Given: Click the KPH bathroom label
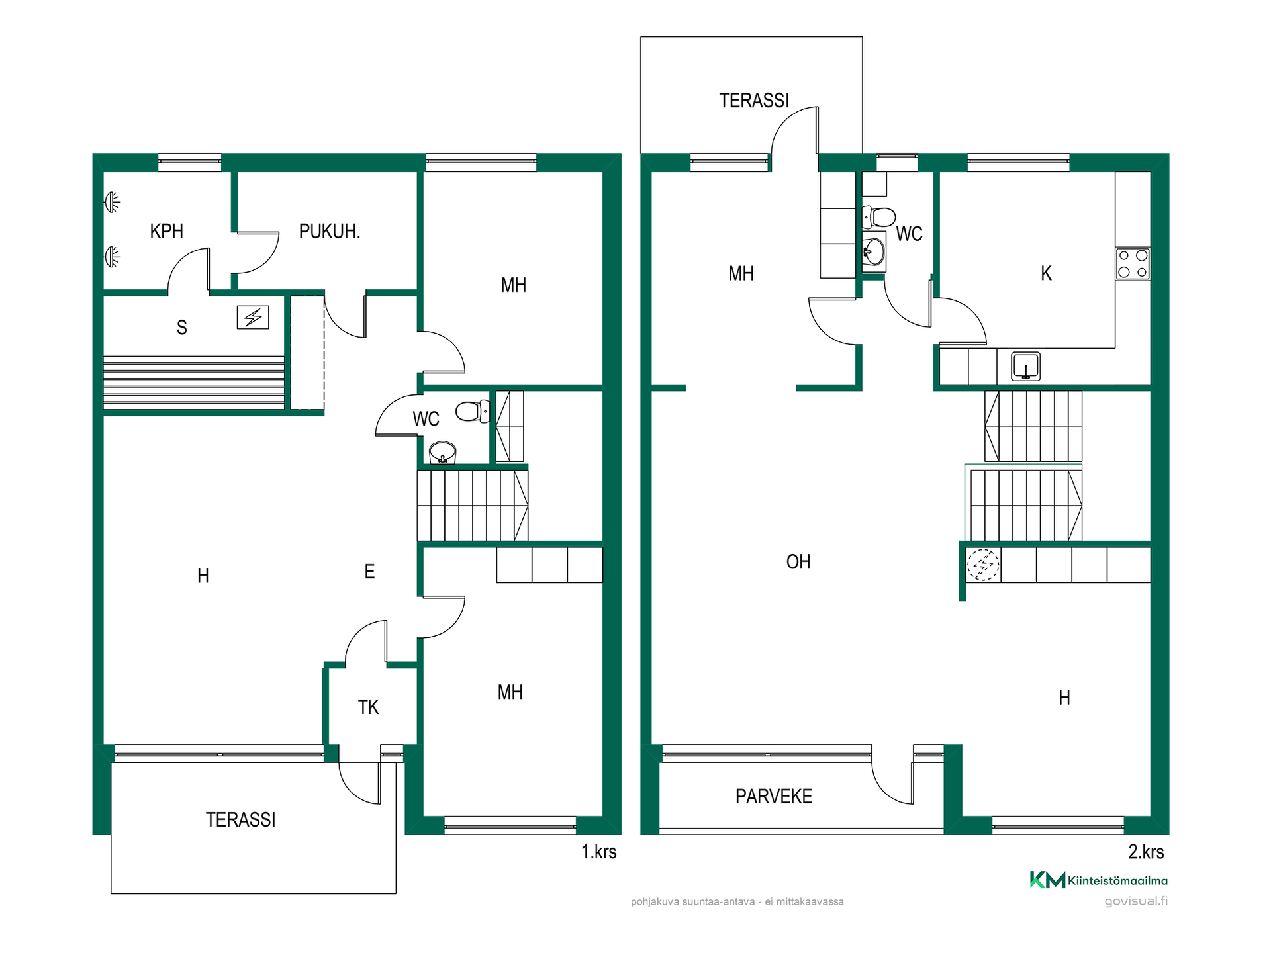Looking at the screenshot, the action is (x=166, y=231).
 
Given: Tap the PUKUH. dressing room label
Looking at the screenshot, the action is (x=329, y=231).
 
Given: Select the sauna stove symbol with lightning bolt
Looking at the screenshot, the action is (x=253, y=318).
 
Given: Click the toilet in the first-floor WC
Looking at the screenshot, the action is (x=473, y=411).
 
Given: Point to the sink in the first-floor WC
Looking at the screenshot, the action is (x=442, y=453).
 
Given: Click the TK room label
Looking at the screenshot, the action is (x=368, y=707).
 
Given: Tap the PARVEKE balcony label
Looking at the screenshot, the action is (x=774, y=796).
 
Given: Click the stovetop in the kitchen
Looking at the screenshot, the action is (x=1133, y=263).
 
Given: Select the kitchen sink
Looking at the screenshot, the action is (x=1025, y=366).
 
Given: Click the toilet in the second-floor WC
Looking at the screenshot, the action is (x=878, y=216).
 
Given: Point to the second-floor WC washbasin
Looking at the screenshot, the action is (x=873, y=251).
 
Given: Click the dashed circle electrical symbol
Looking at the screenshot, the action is (x=983, y=565).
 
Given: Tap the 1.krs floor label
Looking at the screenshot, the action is (x=598, y=852).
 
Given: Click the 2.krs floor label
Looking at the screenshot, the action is (x=1146, y=852).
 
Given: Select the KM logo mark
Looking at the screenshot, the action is (x=1047, y=880).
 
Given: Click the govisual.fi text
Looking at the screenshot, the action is (x=1136, y=901).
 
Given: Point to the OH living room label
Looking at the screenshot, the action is (x=798, y=562).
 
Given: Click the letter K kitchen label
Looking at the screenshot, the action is (x=1046, y=273).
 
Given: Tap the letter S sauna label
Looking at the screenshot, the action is (x=181, y=328).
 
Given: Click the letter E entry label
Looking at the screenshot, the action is (x=369, y=571).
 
